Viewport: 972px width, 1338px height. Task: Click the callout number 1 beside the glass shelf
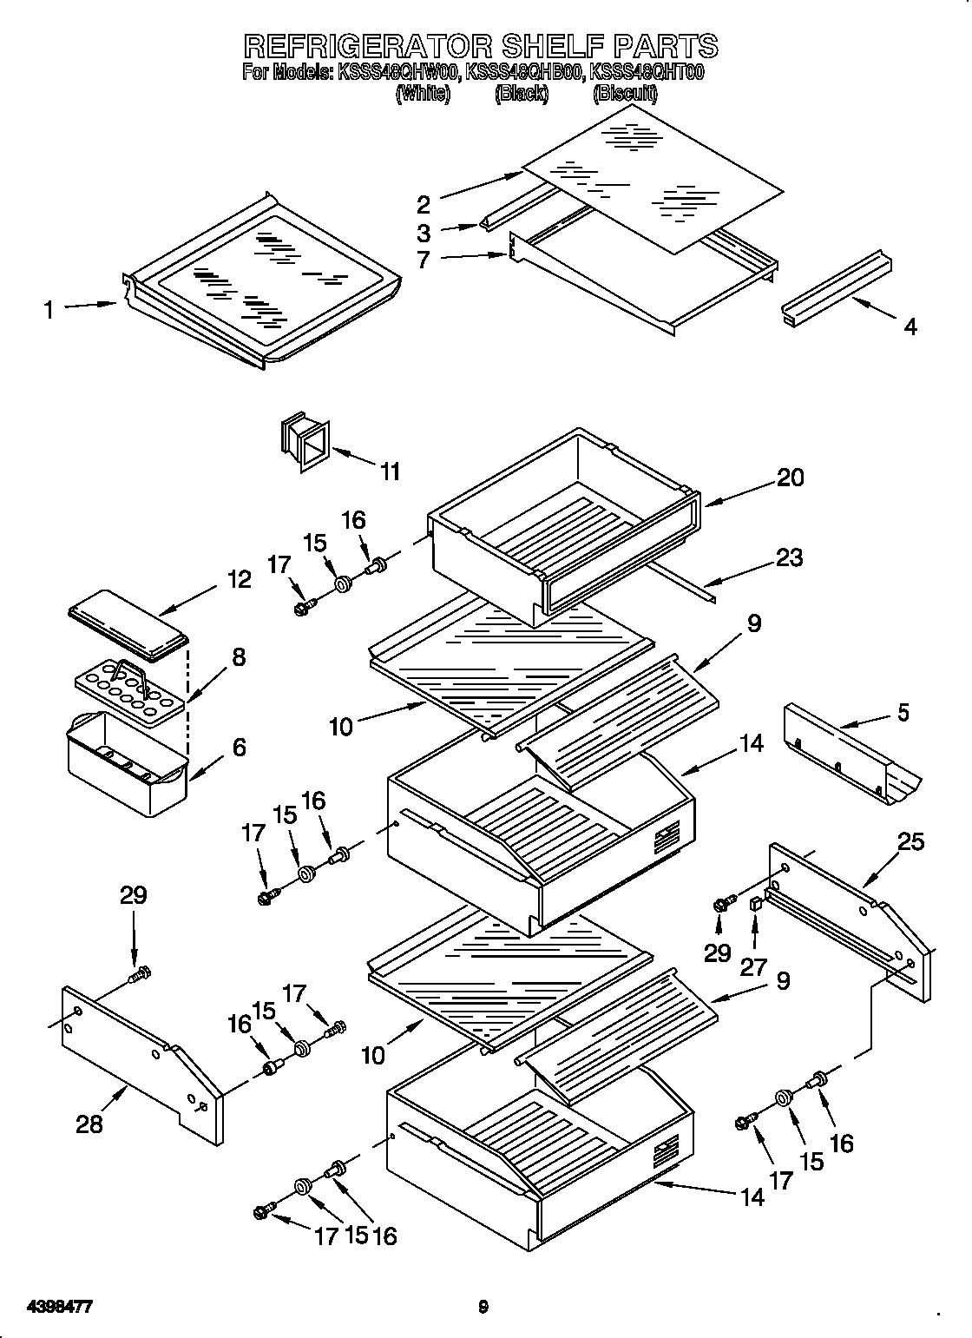coord(49,309)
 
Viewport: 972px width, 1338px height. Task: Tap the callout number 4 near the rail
coord(910,326)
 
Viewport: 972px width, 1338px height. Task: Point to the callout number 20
coord(790,477)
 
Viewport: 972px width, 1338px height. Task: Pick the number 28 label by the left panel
coord(89,1124)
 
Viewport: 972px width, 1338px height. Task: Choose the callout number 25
coord(911,841)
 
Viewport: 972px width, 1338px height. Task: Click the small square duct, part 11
coord(305,445)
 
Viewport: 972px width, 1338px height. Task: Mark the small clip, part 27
coord(755,904)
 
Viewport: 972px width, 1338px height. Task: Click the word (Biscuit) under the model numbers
coord(625,94)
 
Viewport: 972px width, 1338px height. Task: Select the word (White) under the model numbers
coord(423,94)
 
